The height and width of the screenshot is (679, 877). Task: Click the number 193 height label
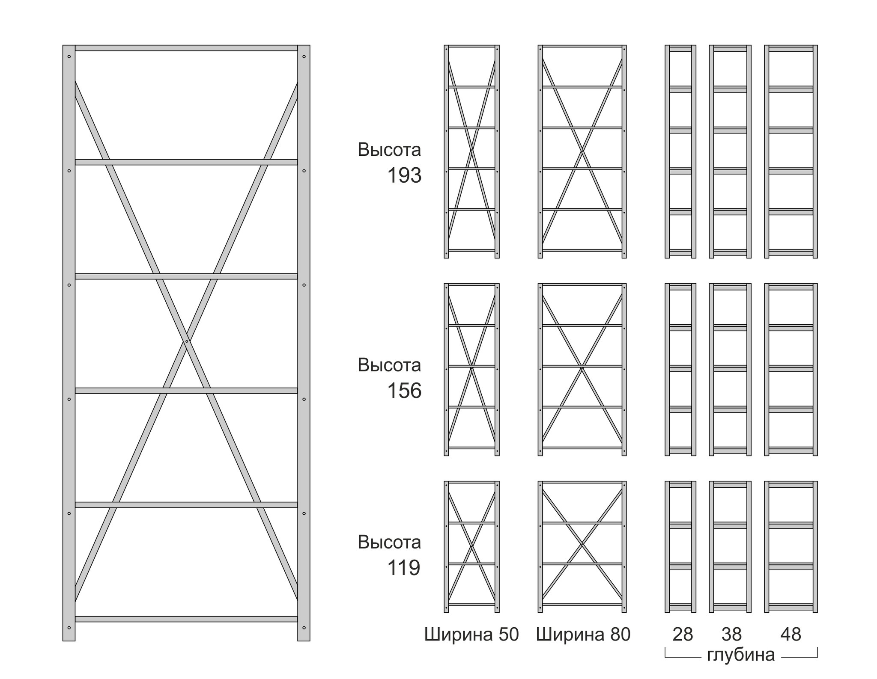click(404, 176)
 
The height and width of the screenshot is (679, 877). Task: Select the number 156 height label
click(404, 391)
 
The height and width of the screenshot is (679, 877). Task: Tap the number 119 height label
click(404, 568)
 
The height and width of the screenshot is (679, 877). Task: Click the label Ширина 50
click(471, 635)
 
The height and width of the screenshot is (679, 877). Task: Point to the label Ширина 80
click(583, 635)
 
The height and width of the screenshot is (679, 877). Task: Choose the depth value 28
click(683, 635)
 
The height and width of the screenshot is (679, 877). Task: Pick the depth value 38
click(731, 635)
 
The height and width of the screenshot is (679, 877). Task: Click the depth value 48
click(790, 635)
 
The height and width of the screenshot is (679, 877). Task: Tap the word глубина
click(741, 655)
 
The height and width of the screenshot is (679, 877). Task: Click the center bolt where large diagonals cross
click(187, 341)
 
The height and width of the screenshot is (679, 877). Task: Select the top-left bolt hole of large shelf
click(69, 56)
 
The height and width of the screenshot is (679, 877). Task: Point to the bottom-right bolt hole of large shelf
click(304, 628)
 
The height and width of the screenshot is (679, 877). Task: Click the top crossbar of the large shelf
click(186, 48)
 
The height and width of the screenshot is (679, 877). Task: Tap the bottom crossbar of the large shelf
click(186, 619)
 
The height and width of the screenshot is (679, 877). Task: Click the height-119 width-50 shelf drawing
click(471, 546)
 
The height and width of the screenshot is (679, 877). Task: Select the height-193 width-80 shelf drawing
click(582, 151)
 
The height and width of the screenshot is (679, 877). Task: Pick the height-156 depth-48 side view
click(791, 369)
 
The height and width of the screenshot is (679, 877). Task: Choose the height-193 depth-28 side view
click(680, 151)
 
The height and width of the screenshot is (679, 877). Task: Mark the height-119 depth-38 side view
click(730, 546)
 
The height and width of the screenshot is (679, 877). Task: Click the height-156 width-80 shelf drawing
click(582, 369)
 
